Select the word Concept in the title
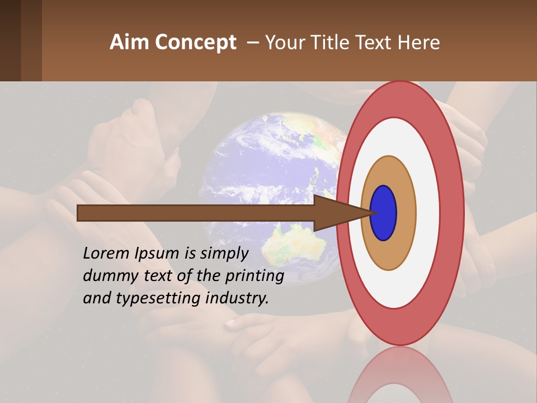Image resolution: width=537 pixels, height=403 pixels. click(x=196, y=43)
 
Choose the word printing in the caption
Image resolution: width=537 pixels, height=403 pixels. click(x=255, y=277)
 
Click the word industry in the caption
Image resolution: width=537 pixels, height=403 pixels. click(x=237, y=298)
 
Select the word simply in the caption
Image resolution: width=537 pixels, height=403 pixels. click(x=224, y=254)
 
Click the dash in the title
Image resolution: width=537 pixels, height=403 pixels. click(x=252, y=43)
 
